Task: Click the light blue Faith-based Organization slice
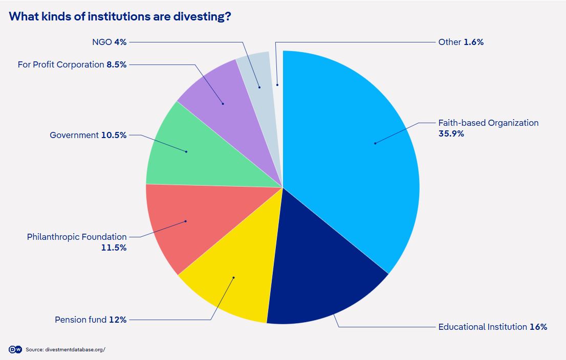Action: (x=353, y=153)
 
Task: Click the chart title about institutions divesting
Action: (x=120, y=16)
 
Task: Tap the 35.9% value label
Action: (x=451, y=134)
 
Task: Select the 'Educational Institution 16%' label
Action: (x=492, y=327)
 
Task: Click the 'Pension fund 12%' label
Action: (x=91, y=320)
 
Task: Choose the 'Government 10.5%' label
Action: (x=88, y=135)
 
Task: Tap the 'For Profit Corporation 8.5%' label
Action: (x=72, y=64)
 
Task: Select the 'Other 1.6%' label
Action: (x=461, y=42)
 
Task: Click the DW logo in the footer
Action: (x=15, y=349)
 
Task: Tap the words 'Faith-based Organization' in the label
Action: (x=488, y=123)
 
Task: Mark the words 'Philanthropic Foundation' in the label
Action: (x=77, y=237)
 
